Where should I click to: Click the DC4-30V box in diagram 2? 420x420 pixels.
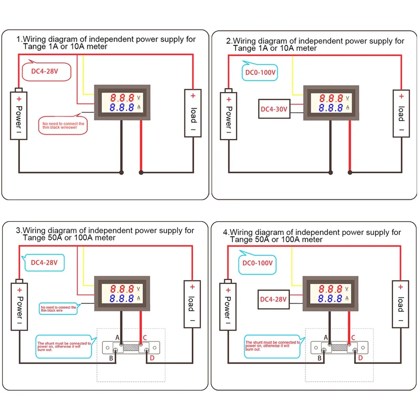(274, 109)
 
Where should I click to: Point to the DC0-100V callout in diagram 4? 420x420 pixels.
(258, 263)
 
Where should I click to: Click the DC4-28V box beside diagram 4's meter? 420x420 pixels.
(273, 299)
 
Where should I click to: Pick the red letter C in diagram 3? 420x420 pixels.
(145, 337)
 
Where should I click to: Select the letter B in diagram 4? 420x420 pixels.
(319, 358)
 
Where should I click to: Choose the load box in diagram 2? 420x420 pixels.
(401, 113)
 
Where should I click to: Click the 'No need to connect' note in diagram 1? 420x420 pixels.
(63, 125)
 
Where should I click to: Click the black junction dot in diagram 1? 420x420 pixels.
(122, 172)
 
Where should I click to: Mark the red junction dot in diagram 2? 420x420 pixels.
(350, 172)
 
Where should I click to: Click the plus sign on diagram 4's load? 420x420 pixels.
(400, 287)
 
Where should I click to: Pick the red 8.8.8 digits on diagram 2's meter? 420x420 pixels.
(331, 99)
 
